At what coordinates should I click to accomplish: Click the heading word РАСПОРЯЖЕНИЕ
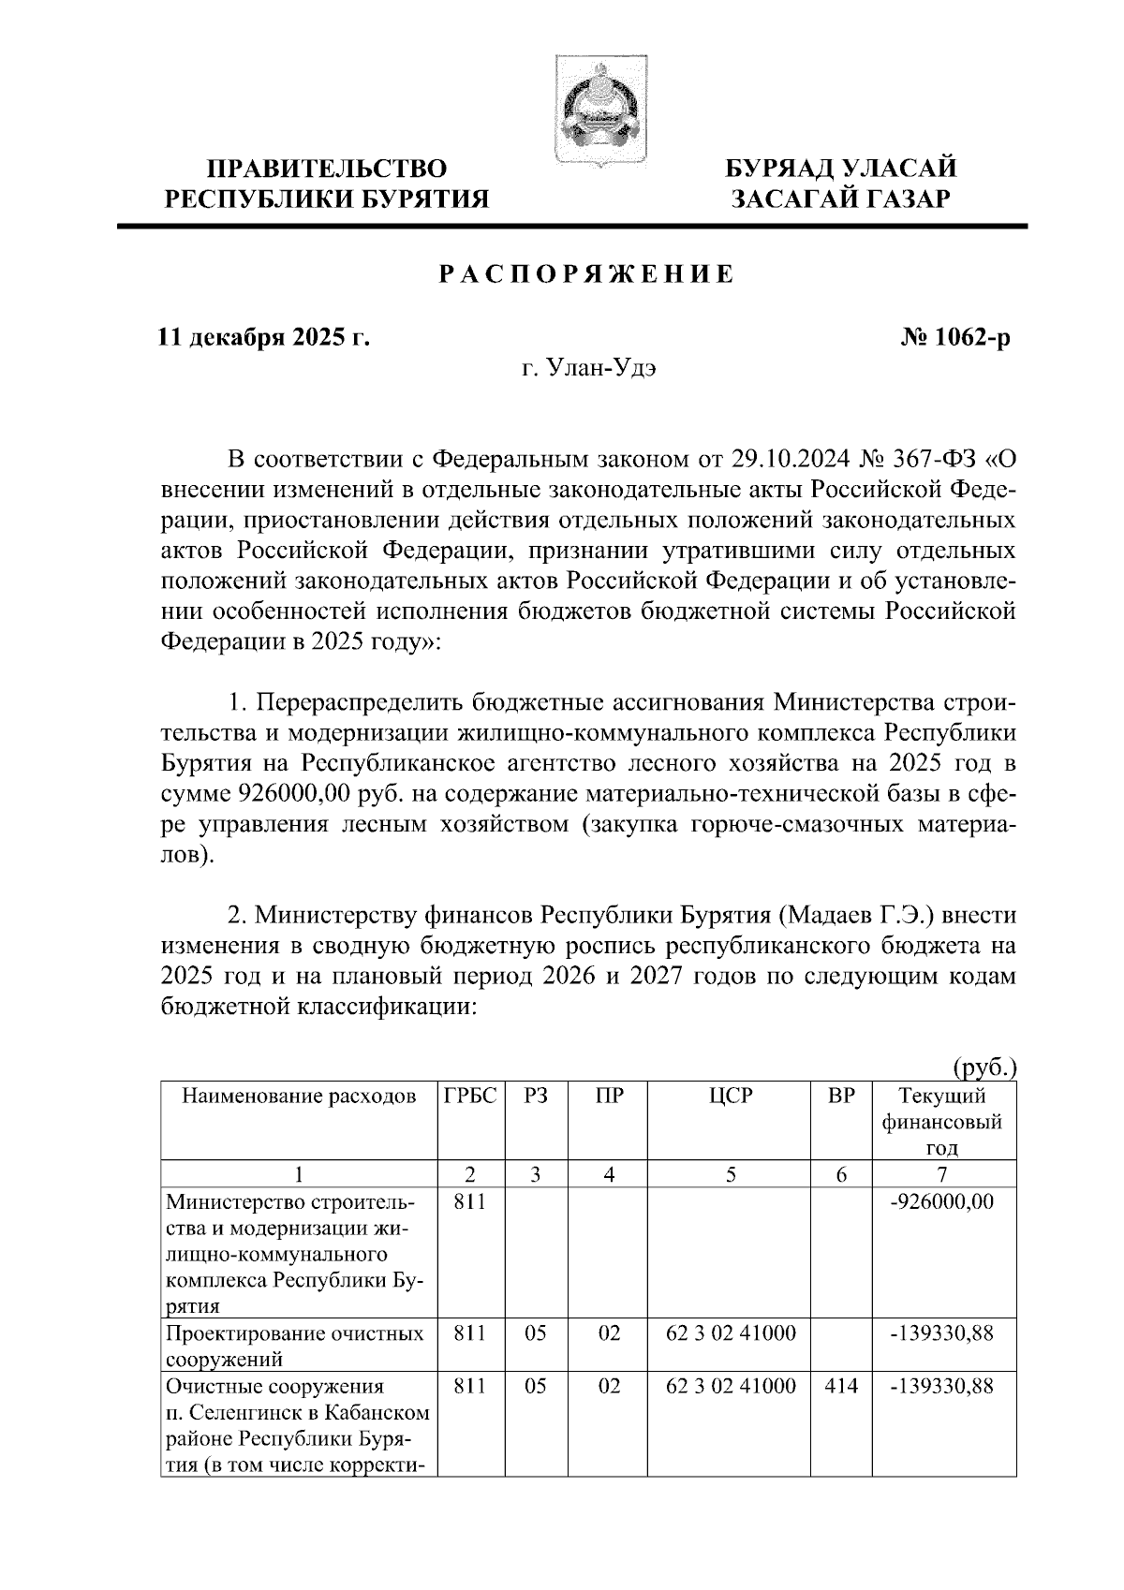(x=587, y=275)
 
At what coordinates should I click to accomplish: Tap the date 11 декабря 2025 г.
(x=264, y=337)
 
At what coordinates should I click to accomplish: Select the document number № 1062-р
(x=953, y=337)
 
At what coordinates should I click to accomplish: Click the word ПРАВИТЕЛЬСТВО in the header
(x=327, y=169)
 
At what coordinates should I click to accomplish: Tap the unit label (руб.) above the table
(x=984, y=1067)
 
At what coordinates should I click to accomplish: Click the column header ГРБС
(x=470, y=1096)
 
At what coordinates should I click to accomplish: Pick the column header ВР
(x=841, y=1096)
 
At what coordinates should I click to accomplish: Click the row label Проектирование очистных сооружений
(x=294, y=1346)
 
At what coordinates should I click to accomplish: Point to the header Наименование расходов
(x=299, y=1096)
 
